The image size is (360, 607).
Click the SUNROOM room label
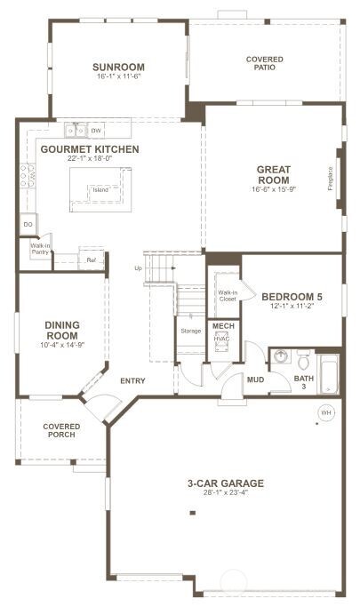pyautogui.click(x=118, y=68)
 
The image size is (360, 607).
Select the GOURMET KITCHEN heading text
pyautogui.click(x=88, y=149)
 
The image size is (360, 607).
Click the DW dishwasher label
pyautogui.click(x=97, y=132)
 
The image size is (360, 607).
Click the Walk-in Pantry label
pyautogui.click(x=39, y=249)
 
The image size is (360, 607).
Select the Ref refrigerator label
pyautogui.click(x=90, y=260)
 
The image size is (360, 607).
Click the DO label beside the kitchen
pyautogui.click(x=28, y=224)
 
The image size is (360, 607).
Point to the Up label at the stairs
pyautogui.click(x=138, y=268)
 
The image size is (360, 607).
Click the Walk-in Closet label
pyautogui.click(x=228, y=295)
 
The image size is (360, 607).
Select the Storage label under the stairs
pyautogui.click(x=190, y=331)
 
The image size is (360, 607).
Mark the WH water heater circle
pyautogui.click(x=325, y=412)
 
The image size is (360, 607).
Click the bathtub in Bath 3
pyautogui.click(x=329, y=376)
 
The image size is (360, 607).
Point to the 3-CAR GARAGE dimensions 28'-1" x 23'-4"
pyautogui.click(x=225, y=496)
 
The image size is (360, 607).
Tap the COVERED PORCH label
pyautogui.click(x=60, y=430)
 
